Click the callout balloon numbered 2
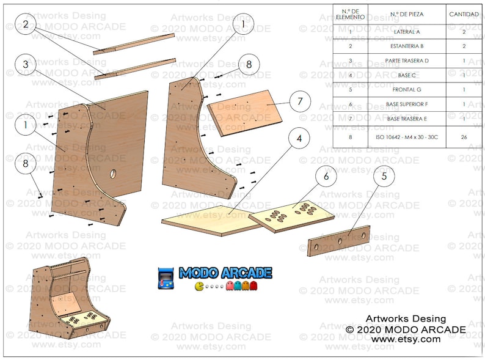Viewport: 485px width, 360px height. tap(26, 24)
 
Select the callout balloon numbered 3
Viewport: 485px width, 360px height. tap(26, 64)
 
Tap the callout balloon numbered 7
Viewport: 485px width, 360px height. tap(299, 101)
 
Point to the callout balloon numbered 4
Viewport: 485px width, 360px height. tap(299, 139)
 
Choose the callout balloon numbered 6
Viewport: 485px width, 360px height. tap(326, 176)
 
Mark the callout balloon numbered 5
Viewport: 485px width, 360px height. tap(384, 177)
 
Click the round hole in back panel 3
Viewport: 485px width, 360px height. tap(114, 174)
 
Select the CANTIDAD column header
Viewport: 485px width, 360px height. tap(464, 13)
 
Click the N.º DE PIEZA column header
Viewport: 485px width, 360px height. tap(407, 13)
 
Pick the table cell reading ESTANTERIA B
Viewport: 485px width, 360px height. tap(407, 46)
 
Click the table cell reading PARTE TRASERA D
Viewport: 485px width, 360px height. tap(407, 61)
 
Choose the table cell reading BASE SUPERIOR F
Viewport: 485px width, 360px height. tap(407, 104)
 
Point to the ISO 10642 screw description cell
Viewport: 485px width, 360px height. tap(407, 137)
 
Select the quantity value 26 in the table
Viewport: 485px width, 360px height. tap(464, 137)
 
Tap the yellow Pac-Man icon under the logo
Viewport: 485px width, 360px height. tap(199, 285)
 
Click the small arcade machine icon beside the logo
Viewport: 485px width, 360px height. tap(166, 278)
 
